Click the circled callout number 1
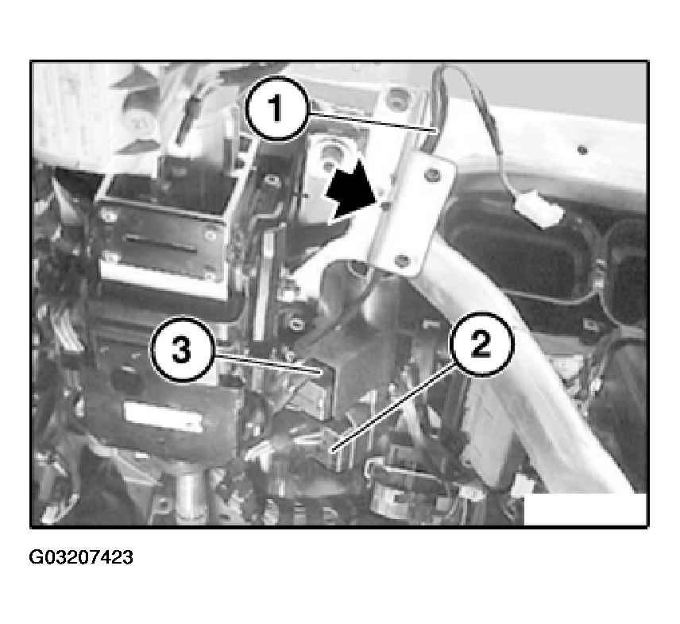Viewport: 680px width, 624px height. point(276,108)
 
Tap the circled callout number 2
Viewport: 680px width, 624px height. point(481,344)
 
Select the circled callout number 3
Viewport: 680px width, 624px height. point(182,350)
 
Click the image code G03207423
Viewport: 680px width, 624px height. point(81,557)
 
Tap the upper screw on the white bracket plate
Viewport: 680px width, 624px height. point(432,174)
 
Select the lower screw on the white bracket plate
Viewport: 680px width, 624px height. point(403,261)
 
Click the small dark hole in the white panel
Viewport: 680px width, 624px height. point(582,150)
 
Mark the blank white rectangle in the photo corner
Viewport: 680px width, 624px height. point(585,509)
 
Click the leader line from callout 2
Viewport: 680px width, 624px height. point(394,409)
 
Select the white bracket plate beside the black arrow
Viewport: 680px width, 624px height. point(411,216)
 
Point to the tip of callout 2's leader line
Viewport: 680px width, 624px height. point(333,452)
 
